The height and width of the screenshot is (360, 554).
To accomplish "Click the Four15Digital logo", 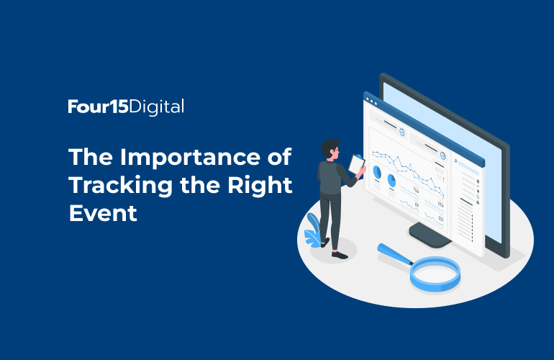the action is [126, 107].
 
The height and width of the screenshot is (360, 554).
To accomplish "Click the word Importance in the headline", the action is [191, 157].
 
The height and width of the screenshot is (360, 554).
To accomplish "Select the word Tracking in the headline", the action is [120, 186].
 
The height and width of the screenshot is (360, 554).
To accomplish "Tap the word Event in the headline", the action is [103, 213].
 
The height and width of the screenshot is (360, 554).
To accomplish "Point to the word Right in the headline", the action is [260, 186].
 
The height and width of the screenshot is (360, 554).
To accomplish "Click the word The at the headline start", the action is [91, 157].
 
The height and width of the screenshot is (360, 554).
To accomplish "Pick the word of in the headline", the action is [279, 157].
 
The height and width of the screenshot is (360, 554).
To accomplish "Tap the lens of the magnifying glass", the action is [435, 274].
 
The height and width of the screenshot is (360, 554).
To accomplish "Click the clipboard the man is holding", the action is [356, 164].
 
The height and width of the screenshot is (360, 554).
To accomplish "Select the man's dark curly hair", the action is [330, 146].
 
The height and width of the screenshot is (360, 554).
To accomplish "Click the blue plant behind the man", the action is [313, 230].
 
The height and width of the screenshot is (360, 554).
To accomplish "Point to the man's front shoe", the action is [340, 255].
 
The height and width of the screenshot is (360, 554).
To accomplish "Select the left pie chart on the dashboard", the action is [377, 172].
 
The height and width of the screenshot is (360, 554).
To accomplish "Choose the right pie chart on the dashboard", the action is [391, 180].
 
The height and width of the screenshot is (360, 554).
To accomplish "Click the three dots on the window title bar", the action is [371, 102].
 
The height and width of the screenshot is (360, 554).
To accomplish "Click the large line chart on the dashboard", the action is [408, 174].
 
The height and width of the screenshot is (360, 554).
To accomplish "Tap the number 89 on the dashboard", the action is [417, 205].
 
